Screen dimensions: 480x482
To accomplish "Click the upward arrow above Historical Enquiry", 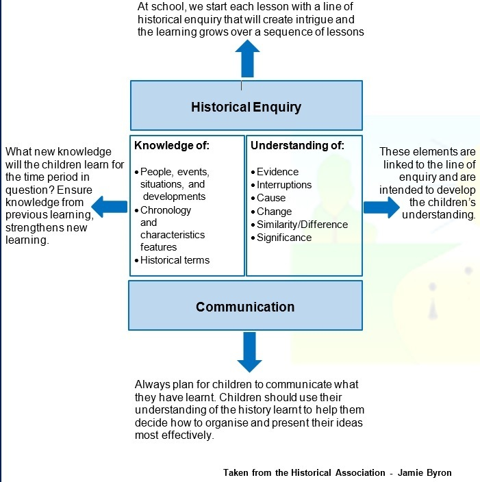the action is [x=248, y=58].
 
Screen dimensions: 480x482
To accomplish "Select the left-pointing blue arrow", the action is [x=110, y=207].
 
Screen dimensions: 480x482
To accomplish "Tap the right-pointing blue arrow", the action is [x=381, y=207].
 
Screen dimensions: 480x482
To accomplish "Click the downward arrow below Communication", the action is [x=249, y=353].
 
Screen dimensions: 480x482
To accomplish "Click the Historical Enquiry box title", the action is [x=246, y=107].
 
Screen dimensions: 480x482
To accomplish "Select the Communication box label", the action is [x=245, y=307].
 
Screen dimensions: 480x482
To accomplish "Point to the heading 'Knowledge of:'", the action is [x=172, y=145].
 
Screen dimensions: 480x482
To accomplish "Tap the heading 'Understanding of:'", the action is [x=297, y=145].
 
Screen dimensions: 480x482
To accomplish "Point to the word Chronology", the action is [x=166, y=210].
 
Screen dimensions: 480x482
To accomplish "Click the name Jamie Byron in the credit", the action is [x=425, y=472].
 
